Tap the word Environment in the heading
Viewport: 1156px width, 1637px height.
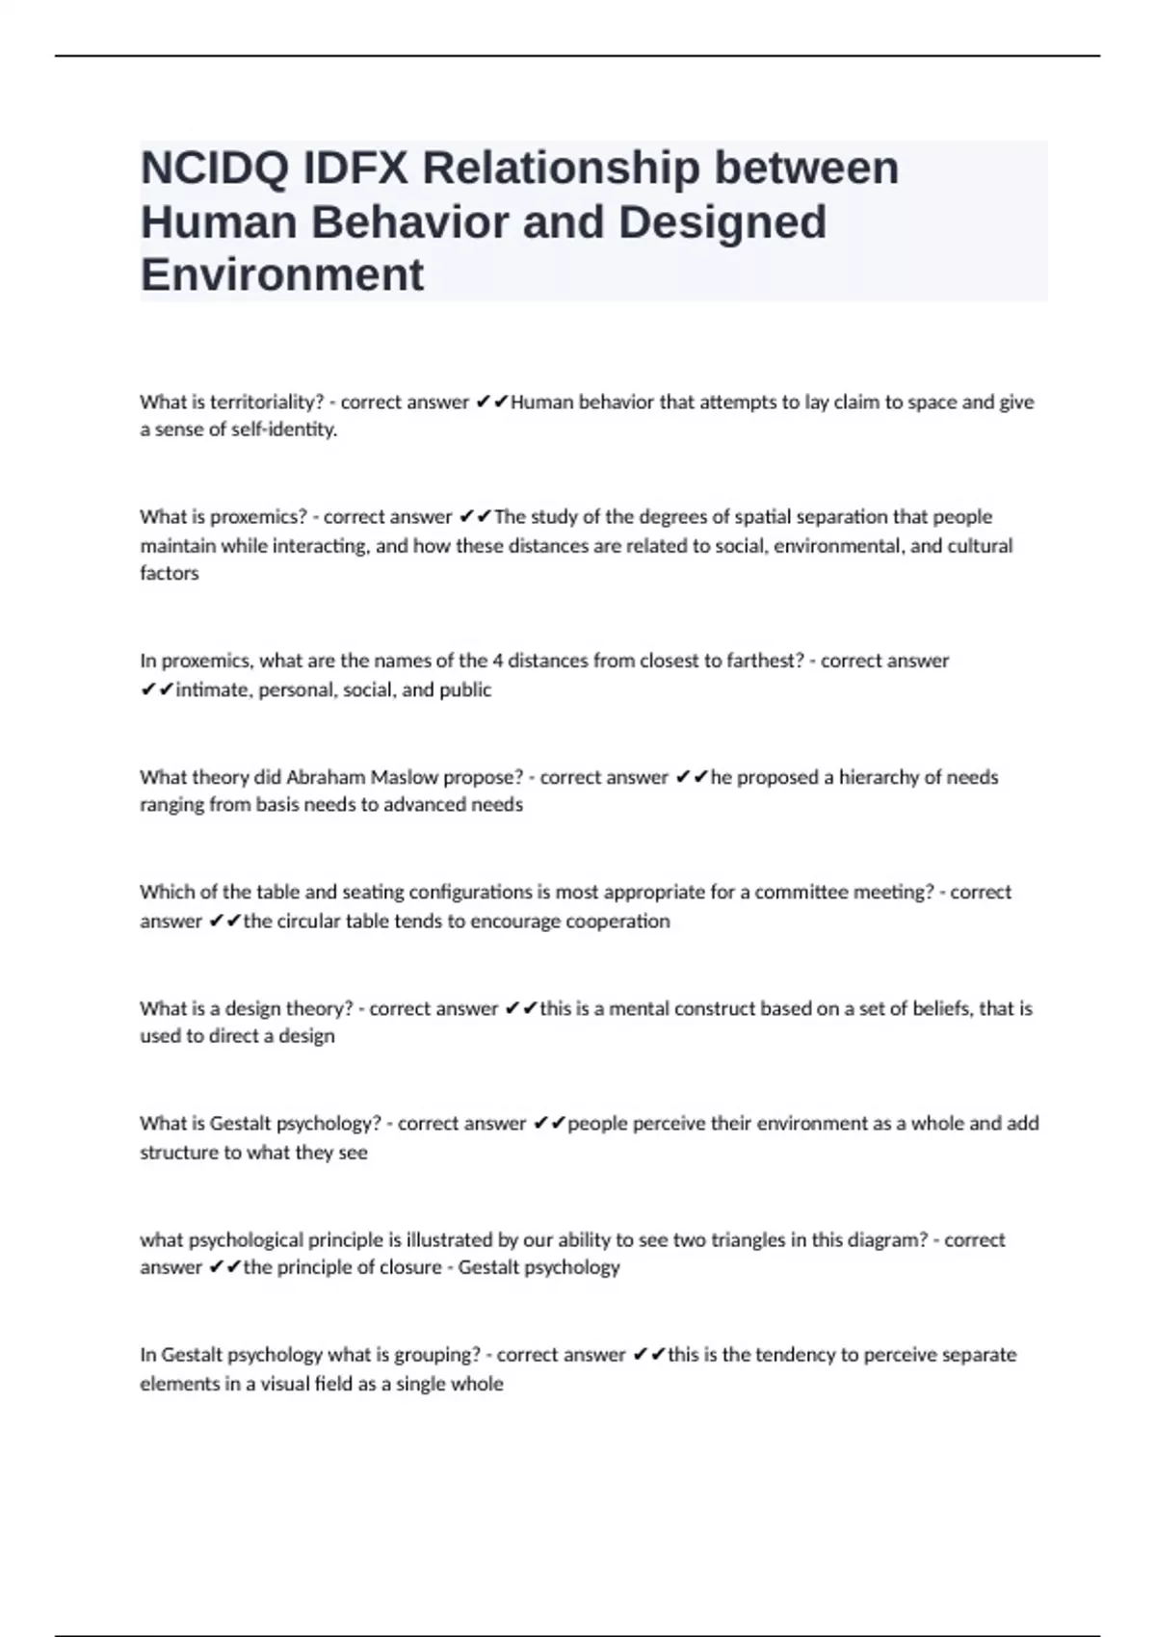tap(281, 274)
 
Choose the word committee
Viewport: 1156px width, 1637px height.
tap(795, 893)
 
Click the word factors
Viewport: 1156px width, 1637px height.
tap(170, 574)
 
